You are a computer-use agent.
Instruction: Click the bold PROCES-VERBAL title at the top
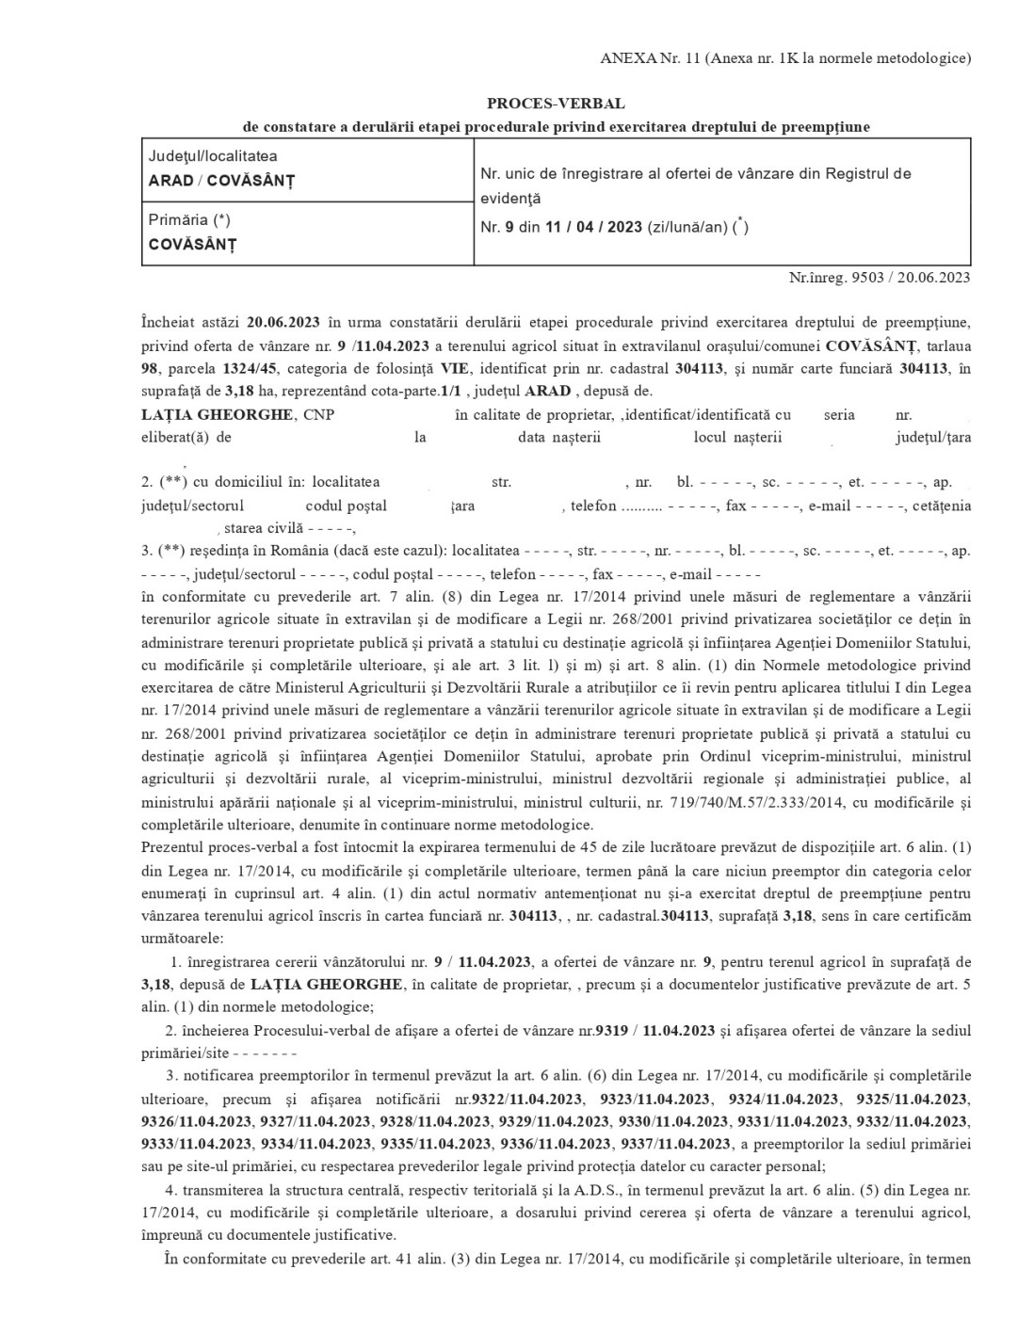coord(556,104)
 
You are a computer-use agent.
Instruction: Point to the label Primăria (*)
coord(189,219)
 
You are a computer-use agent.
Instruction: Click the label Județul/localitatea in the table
coord(213,156)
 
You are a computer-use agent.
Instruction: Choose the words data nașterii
coord(559,437)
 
